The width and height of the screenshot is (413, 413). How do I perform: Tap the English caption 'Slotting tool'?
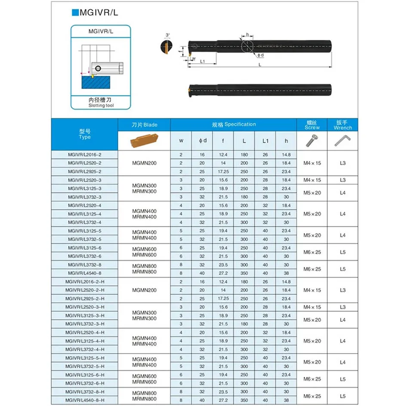pyautogui.click(x=101, y=105)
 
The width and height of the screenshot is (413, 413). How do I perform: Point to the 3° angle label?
pyautogui.click(x=167, y=35)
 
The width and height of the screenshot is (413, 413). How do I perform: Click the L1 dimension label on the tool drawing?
pyautogui.click(x=202, y=62)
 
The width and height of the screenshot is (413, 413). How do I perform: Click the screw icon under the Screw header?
pyautogui.click(x=312, y=140)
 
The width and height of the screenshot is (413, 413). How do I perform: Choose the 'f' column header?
pyautogui.click(x=223, y=141)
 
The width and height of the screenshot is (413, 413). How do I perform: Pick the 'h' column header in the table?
pyautogui.click(x=287, y=141)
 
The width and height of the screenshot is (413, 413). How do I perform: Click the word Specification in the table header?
pyautogui.click(x=240, y=124)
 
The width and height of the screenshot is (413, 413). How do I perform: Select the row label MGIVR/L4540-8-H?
pyautogui.click(x=85, y=400)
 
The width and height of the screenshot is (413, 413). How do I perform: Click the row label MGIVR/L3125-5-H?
pyautogui.click(x=85, y=358)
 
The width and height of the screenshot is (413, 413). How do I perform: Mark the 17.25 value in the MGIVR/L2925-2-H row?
pyautogui.click(x=223, y=299)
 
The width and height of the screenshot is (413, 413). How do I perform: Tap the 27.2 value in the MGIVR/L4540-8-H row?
pyautogui.click(x=223, y=400)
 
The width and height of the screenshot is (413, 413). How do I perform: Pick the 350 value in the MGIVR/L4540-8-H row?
pyautogui.click(x=244, y=400)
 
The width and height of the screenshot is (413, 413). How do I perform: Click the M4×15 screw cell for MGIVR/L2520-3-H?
pyautogui.click(x=312, y=307)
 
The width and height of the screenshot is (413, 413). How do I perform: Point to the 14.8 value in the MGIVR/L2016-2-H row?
pyautogui.click(x=287, y=282)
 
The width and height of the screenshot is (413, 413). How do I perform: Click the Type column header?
pyautogui.click(x=85, y=134)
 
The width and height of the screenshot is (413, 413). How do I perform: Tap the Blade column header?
pyautogui.click(x=144, y=125)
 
